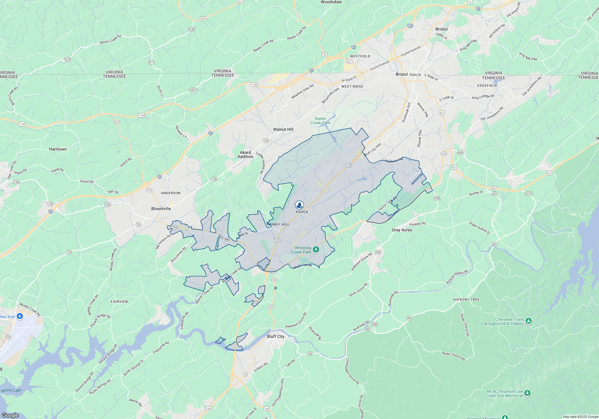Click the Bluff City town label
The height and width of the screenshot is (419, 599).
click(276, 336)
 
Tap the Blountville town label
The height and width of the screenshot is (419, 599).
click(161, 209)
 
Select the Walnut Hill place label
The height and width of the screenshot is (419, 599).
click(283, 129)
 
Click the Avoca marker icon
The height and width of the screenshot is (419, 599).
click(299, 205)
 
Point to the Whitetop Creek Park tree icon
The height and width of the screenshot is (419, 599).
click(316, 249)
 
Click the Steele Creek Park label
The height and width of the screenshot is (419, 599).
click(320, 121)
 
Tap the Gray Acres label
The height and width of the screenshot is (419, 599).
click(402, 230)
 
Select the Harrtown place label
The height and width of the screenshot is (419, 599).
click(58, 149)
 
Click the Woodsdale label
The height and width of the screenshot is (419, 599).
click(331, 2)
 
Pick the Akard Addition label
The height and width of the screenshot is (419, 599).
click(245, 154)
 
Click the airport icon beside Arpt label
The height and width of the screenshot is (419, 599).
click(20, 316)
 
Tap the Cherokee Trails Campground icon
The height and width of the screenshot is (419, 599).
click(529, 321)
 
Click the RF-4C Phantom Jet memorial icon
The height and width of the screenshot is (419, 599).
click(527, 393)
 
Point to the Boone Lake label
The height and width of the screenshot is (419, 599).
click(11, 390)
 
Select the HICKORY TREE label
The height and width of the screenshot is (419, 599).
click(466, 300)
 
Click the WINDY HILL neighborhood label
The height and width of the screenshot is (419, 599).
click(278, 224)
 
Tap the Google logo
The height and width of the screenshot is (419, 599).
click(10, 415)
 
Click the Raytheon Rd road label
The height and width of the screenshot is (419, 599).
click(394, 160)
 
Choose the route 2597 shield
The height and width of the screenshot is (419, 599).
click(193, 90)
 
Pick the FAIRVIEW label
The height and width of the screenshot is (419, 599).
click(119, 302)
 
